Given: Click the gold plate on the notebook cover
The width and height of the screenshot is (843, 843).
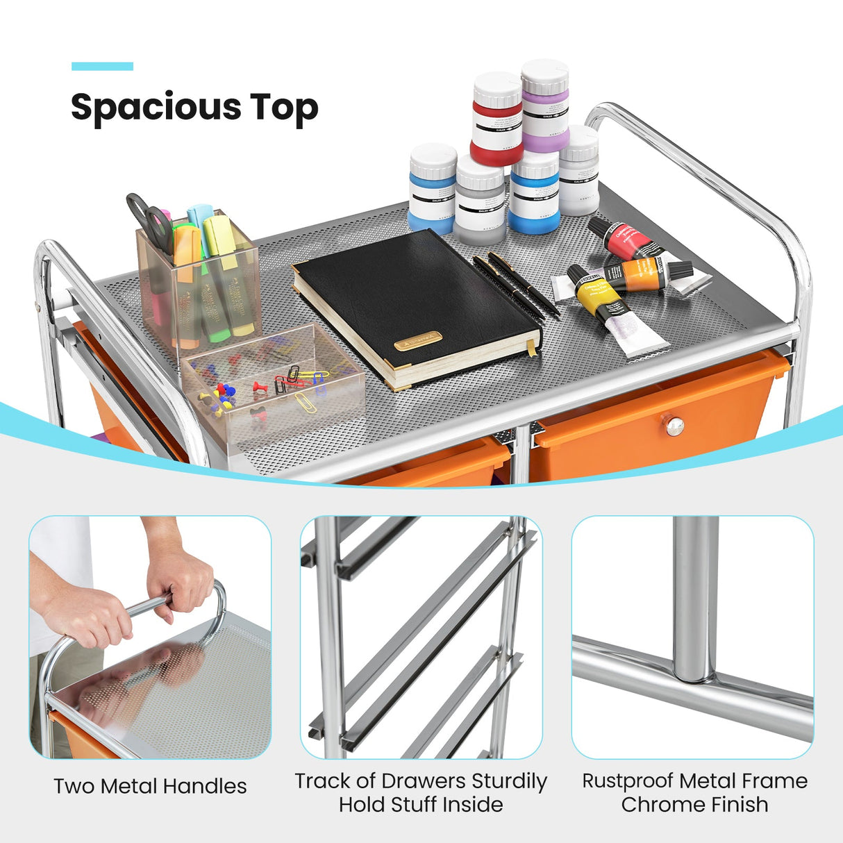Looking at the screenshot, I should [x=418, y=340].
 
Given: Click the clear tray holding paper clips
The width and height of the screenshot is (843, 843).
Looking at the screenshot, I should [x=274, y=385].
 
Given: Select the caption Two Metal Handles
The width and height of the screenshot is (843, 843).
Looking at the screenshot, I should [x=150, y=786].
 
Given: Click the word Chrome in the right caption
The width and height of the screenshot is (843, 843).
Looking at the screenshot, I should [x=652, y=805].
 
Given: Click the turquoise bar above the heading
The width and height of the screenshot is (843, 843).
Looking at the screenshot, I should [x=102, y=67].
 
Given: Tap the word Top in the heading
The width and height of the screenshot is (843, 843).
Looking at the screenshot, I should [x=285, y=108].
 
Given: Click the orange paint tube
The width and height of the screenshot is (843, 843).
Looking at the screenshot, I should [x=642, y=274].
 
